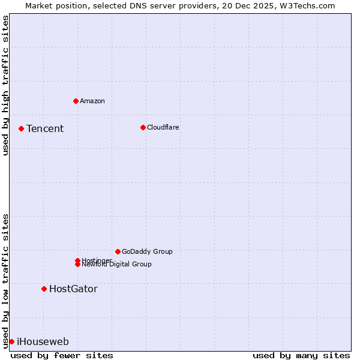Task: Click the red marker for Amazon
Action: tap(76, 101)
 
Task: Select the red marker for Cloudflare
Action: tap(143, 127)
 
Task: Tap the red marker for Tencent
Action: tap(21, 128)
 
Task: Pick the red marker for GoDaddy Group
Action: tap(118, 251)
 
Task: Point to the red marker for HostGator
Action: tap(44, 289)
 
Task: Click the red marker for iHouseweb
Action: tap(11, 341)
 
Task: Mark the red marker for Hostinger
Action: tap(77, 260)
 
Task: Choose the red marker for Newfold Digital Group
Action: tap(77, 265)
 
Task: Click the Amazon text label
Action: tap(92, 101)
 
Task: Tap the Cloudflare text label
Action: tap(163, 127)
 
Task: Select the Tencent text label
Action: tap(45, 128)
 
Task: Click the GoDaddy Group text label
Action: tap(147, 251)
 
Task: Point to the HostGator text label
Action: tap(73, 289)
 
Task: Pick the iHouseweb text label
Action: tap(43, 341)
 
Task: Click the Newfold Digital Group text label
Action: tap(117, 265)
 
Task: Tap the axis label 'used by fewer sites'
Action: tap(62, 355)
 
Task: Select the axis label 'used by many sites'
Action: tap(301, 355)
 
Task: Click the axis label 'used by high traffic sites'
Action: tap(6, 85)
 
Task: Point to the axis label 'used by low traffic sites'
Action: tap(6, 281)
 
